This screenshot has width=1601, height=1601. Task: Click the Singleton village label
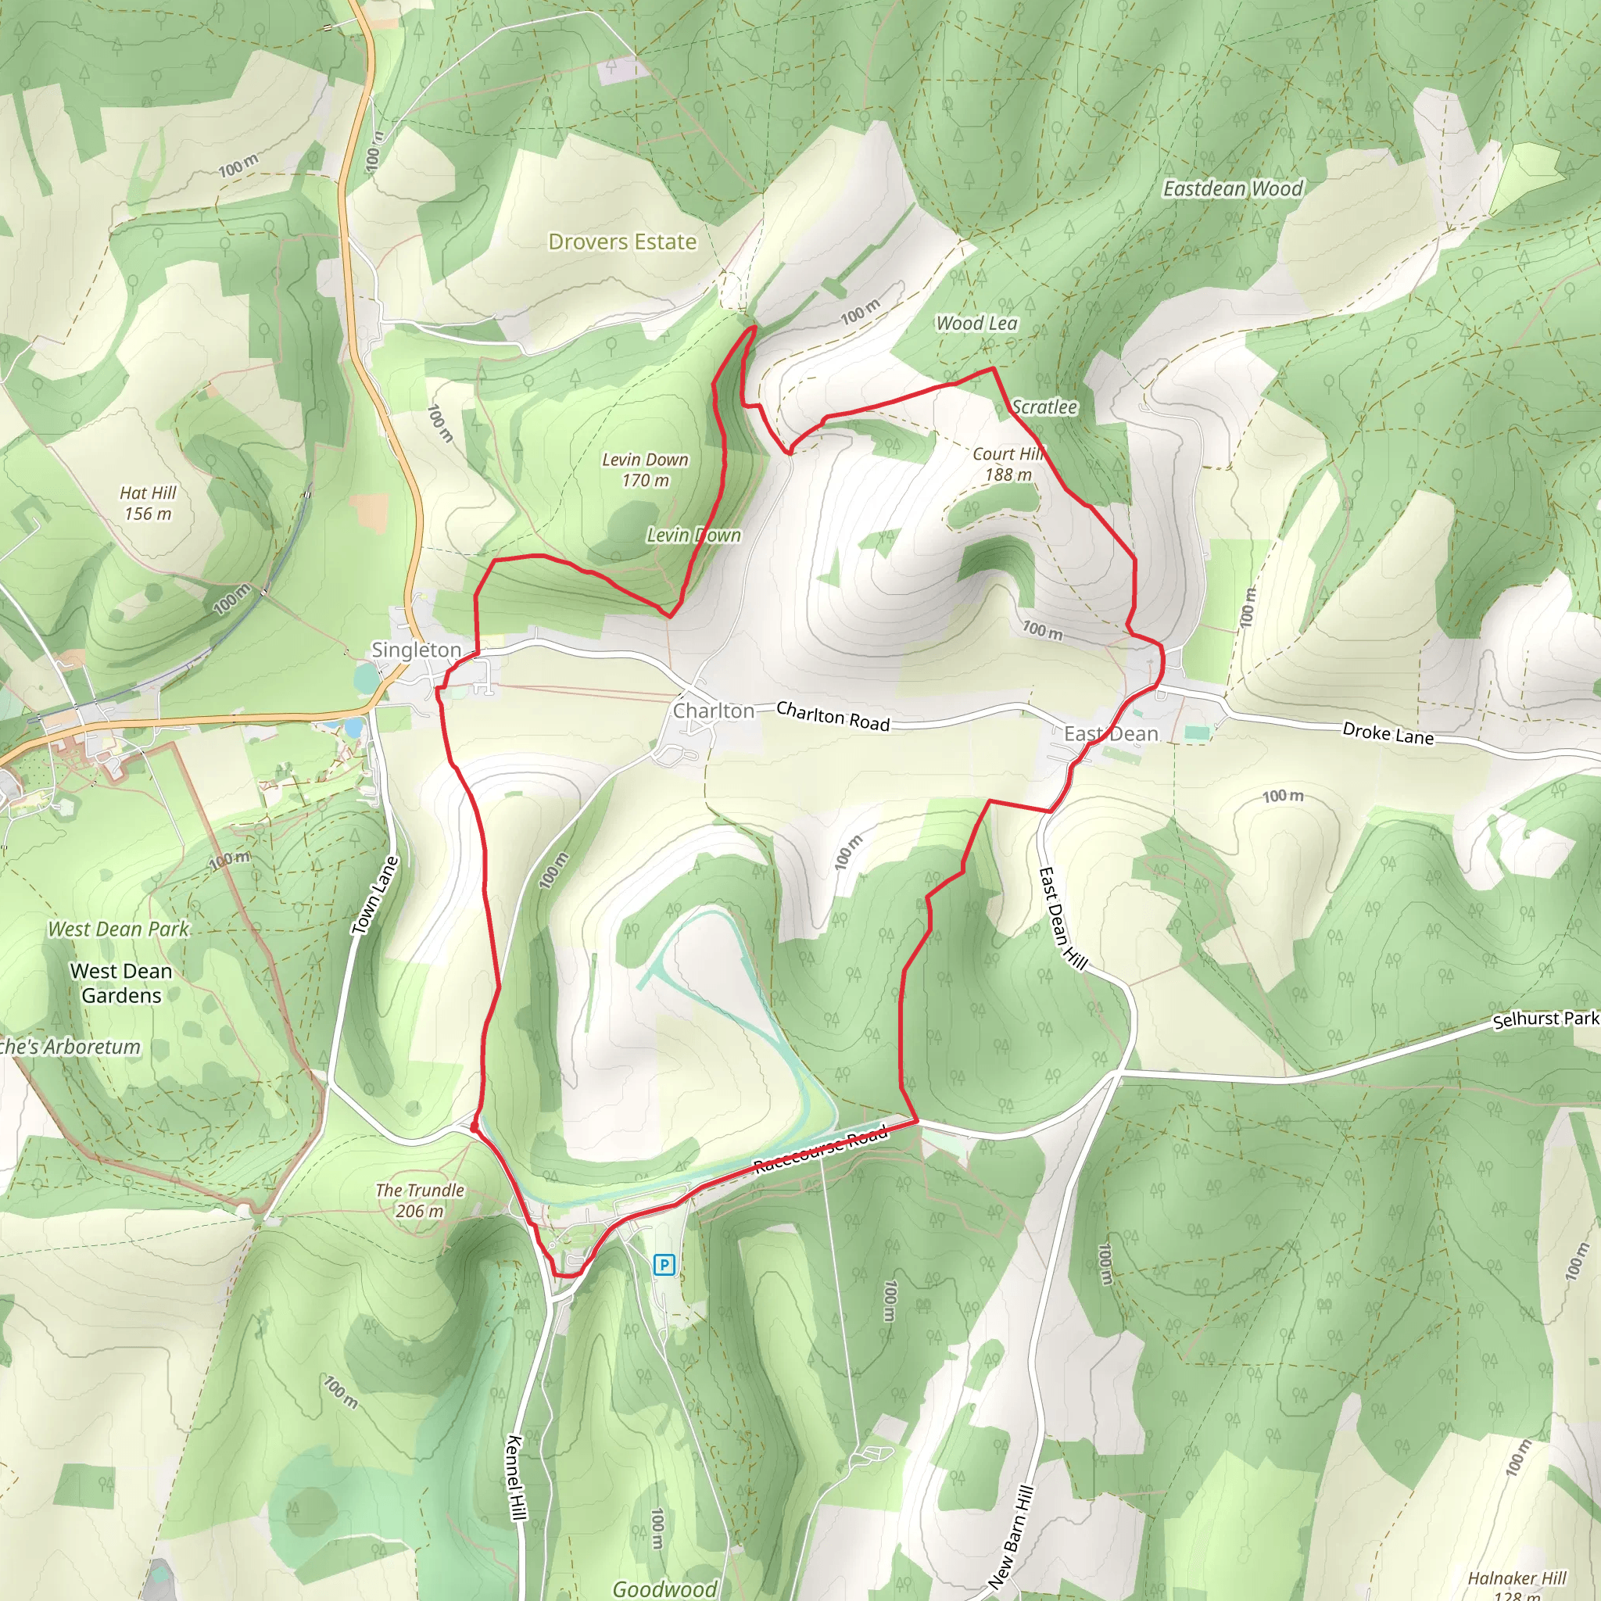click(x=415, y=650)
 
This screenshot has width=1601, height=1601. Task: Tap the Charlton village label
click(x=714, y=711)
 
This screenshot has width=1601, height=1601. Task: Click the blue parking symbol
click(x=664, y=1265)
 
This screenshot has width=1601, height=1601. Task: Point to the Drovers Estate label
click(x=622, y=242)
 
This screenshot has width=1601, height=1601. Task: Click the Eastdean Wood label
click(x=1232, y=189)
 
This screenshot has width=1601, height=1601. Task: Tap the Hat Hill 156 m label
click(x=149, y=503)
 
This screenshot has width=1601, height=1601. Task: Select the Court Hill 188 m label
click(x=1008, y=464)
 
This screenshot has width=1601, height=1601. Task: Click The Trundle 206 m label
click(x=419, y=1200)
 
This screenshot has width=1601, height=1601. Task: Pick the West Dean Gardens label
click(x=121, y=983)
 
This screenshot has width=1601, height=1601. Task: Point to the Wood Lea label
click(x=976, y=323)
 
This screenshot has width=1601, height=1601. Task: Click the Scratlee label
click(x=1044, y=407)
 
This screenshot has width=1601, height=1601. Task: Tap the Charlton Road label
click(x=833, y=716)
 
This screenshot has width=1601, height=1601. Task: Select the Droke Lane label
click(x=1388, y=733)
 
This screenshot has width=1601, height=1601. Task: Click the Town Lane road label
click(x=375, y=896)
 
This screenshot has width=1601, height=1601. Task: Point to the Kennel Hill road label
click(x=515, y=1477)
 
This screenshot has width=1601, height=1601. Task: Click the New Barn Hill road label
click(x=1011, y=1537)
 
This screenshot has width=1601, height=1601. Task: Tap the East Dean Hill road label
click(x=1062, y=917)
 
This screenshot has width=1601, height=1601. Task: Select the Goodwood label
click(x=664, y=1588)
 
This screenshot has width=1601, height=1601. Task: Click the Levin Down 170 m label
click(x=645, y=470)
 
